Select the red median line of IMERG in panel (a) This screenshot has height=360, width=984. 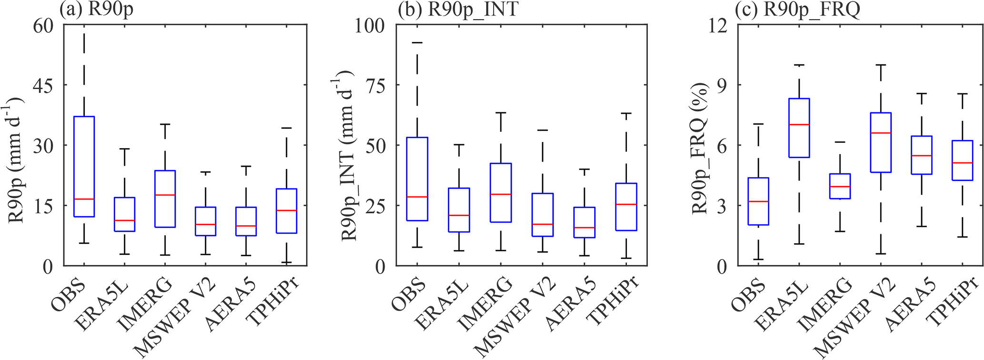pyautogui.click(x=165, y=195)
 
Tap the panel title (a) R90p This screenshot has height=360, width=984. pyautogui.click(x=97, y=10)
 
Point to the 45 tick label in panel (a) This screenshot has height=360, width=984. pyautogui.click(x=42, y=85)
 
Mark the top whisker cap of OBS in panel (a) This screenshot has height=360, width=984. pyautogui.click(x=84, y=34)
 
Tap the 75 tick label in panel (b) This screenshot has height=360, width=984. pyautogui.click(x=376, y=85)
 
